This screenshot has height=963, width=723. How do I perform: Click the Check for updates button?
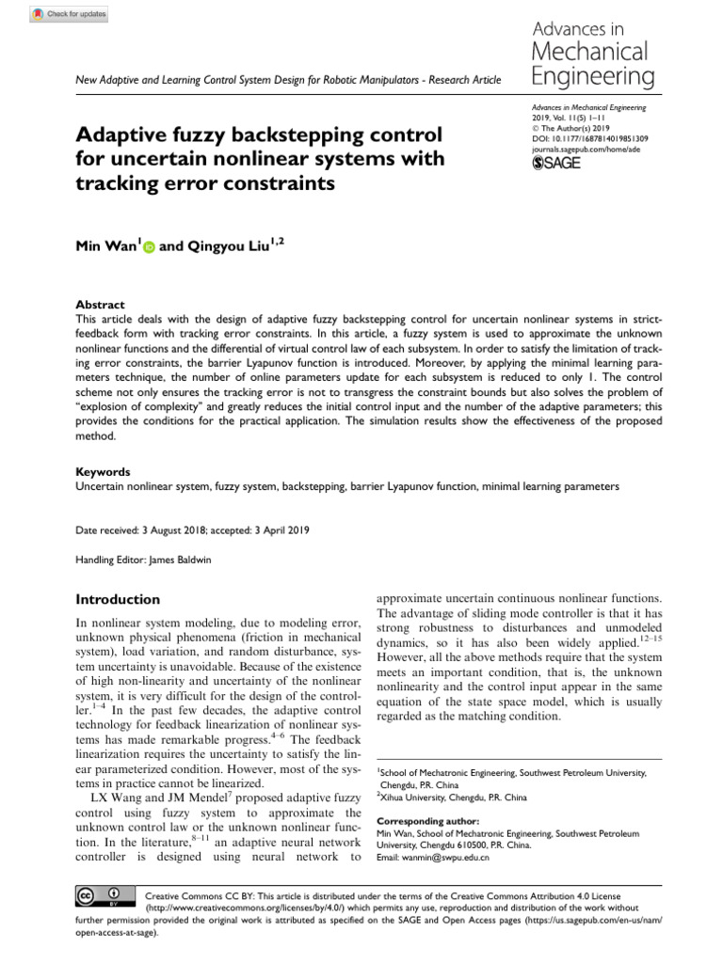point(71,14)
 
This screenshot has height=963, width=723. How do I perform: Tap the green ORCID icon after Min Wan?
point(149,247)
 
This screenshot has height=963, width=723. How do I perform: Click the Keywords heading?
point(103,471)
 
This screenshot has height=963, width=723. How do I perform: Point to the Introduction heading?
point(118,599)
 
